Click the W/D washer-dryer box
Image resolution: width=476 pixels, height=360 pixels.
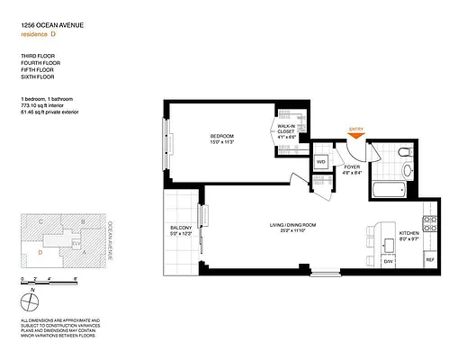[320, 162]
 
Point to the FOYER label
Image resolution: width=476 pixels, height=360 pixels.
[352, 168]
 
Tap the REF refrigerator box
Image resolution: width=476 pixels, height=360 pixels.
[429, 261]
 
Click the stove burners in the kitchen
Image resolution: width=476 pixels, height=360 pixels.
[430, 220]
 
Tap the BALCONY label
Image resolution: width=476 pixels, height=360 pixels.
[181, 230]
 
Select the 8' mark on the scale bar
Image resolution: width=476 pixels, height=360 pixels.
[76, 280]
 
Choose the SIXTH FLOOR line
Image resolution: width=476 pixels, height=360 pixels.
[37, 78]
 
